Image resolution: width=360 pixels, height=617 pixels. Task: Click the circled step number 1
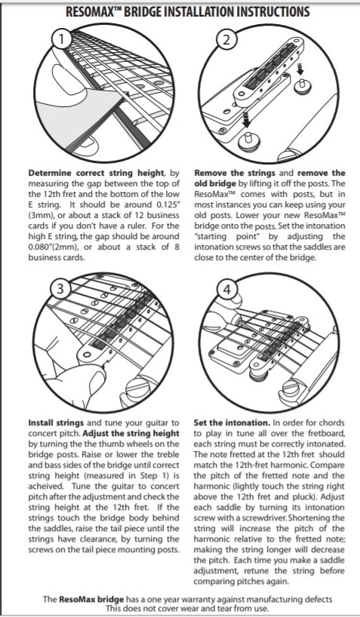[62, 39]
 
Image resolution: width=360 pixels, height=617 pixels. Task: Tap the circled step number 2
[227, 41]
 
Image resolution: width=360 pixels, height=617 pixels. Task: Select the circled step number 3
[60, 289]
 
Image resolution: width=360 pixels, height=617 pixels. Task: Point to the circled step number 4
[227, 290]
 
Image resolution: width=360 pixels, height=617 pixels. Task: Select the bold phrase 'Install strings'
[56, 423]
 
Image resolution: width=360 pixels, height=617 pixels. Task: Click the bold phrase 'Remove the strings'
[236, 173]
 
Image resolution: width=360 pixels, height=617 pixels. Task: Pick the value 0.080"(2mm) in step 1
[51, 247]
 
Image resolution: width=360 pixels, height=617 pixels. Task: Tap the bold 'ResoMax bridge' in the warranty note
[91, 600]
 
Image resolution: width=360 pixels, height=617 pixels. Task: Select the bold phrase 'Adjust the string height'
[131, 433]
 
